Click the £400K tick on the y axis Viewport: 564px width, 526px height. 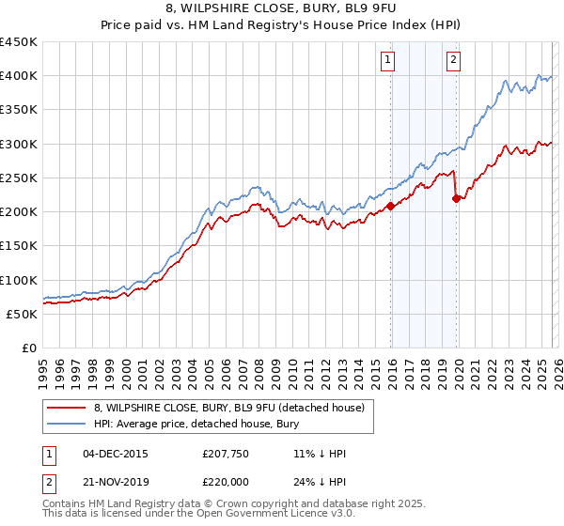coord(19,76)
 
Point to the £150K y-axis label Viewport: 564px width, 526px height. coord(19,245)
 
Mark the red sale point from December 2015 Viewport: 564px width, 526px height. coord(390,207)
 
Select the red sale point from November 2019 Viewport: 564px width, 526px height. coord(456,198)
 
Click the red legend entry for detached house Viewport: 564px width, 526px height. coord(235,407)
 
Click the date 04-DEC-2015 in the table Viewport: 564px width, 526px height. coord(116,454)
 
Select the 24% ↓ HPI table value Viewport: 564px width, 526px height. coord(320,482)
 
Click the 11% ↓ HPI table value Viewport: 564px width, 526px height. coord(320,454)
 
